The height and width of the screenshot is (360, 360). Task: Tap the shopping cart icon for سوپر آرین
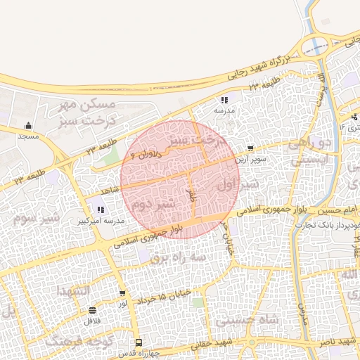[251, 149]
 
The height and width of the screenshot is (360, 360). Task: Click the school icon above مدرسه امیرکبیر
[100, 210]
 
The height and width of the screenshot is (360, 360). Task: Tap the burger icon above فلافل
[92, 310]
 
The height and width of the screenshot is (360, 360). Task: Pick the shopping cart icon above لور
[122, 293]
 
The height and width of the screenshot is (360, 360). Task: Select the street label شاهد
[107, 191]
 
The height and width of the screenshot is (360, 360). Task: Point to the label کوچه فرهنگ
[68, 342]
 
